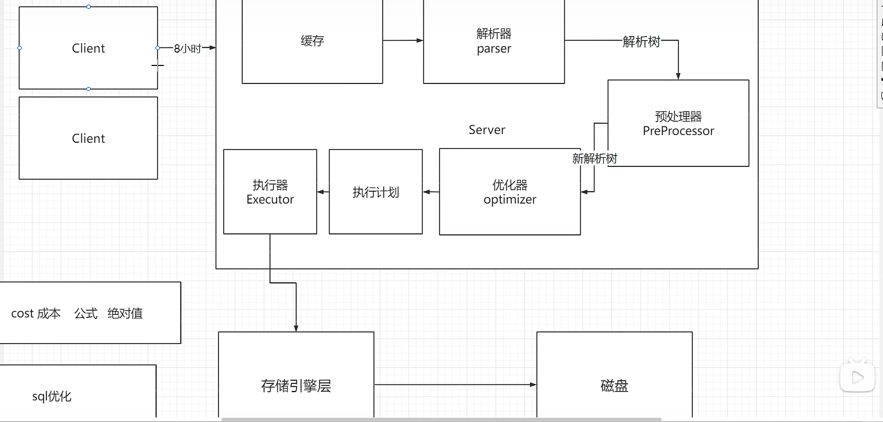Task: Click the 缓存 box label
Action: pyautogui.click(x=312, y=41)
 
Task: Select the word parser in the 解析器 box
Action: pyautogui.click(x=494, y=49)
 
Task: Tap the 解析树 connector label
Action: pyautogui.click(x=641, y=42)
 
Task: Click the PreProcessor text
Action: pyautogui.click(x=678, y=131)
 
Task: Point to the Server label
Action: pyautogui.click(x=487, y=130)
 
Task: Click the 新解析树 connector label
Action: pyautogui.click(x=595, y=159)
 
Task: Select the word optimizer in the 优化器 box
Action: pyautogui.click(x=510, y=199)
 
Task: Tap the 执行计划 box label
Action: pyautogui.click(x=376, y=192)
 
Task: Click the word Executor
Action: pyautogui.click(x=270, y=199)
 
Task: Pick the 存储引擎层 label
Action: pyautogui.click(x=296, y=386)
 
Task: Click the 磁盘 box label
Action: pyautogui.click(x=614, y=386)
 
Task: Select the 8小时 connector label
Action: pyautogui.click(x=188, y=48)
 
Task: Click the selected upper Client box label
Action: pyautogui.click(x=88, y=48)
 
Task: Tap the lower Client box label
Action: pyautogui.click(x=88, y=139)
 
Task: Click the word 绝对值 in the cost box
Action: pyautogui.click(x=125, y=313)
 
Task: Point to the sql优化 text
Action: pyautogui.click(x=52, y=396)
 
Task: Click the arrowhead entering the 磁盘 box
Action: pyautogui.click(x=533, y=384)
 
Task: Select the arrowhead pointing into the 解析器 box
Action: pyautogui.click(x=420, y=40)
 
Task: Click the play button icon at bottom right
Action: pyautogui.click(x=857, y=378)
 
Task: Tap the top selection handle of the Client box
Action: pyautogui.click(x=89, y=7)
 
